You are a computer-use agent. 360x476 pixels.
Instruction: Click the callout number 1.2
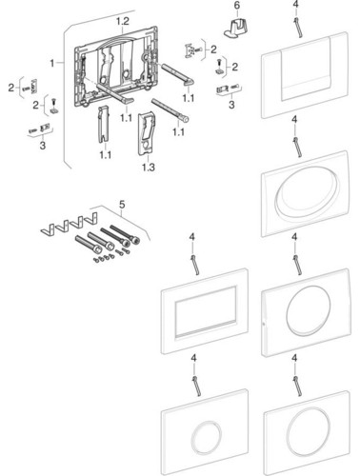pyautogui.click(x=122, y=22)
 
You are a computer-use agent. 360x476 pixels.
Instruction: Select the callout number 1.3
pyautogui.click(x=149, y=167)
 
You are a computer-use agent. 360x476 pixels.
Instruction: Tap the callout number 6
pyautogui.click(x=237, y=6)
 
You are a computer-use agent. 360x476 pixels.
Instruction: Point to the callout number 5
pyautogui.click(x=122, y=205)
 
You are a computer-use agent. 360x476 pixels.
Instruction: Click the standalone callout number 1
pyautogui.click(x=52, y=63)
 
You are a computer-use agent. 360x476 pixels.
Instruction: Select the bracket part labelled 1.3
pyautogui.click(x=146, y=133)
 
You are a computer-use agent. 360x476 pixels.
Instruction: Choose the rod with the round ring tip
pyautogui.click(x=170, y=110)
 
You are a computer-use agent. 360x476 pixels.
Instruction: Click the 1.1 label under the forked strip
pyautogui.click(x=106, y=155)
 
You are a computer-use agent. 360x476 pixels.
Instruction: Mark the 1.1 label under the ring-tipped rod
pyautogui.click(x=178, y=131)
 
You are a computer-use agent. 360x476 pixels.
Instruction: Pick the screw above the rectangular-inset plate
pyautogui.click(x=194, y=264)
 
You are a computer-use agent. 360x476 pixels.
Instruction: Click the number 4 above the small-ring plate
pyautogui.click(x=193, y=358)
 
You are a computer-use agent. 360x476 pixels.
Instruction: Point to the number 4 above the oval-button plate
pyautogui.click(x=294, y=120)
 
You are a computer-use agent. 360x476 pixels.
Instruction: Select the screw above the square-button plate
pyautogui.click(x=297, y=27)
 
